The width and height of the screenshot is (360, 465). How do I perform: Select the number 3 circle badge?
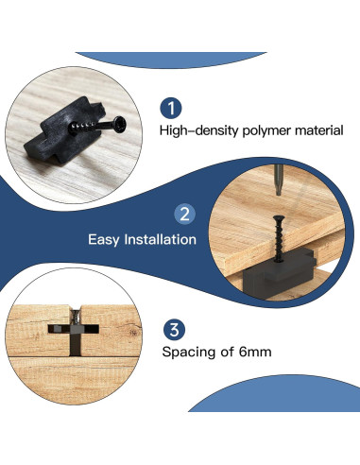(x=173, y=329)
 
